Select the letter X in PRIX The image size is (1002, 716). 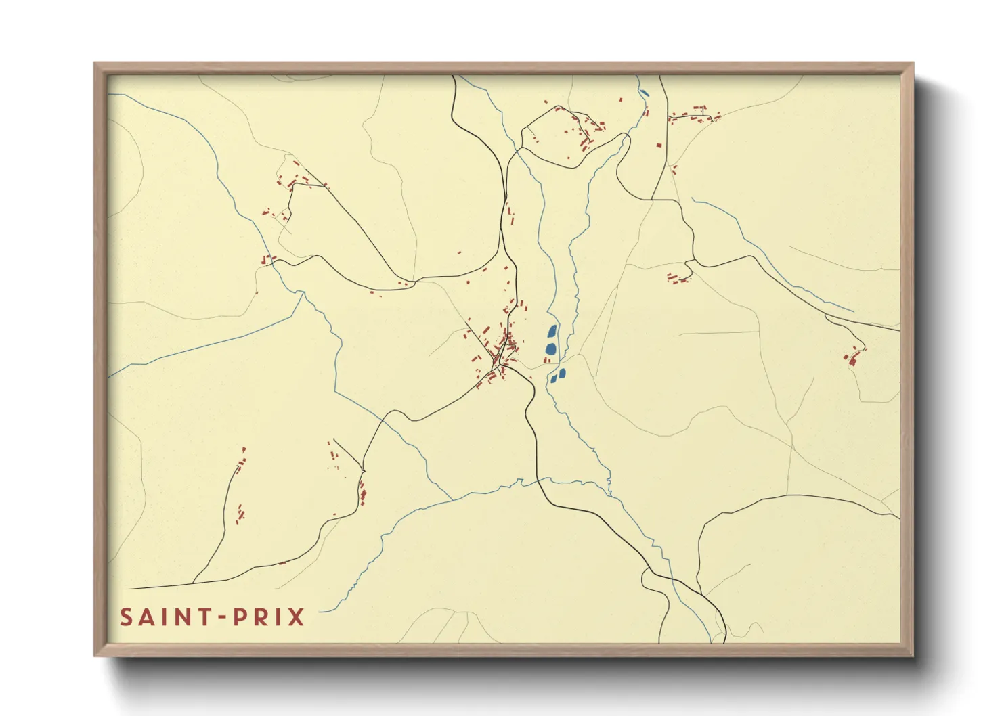297,617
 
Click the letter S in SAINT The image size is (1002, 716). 126,617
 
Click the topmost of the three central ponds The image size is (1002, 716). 552,331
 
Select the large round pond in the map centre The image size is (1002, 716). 550,349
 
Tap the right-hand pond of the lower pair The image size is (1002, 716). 562,373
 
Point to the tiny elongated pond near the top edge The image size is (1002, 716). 644,93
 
